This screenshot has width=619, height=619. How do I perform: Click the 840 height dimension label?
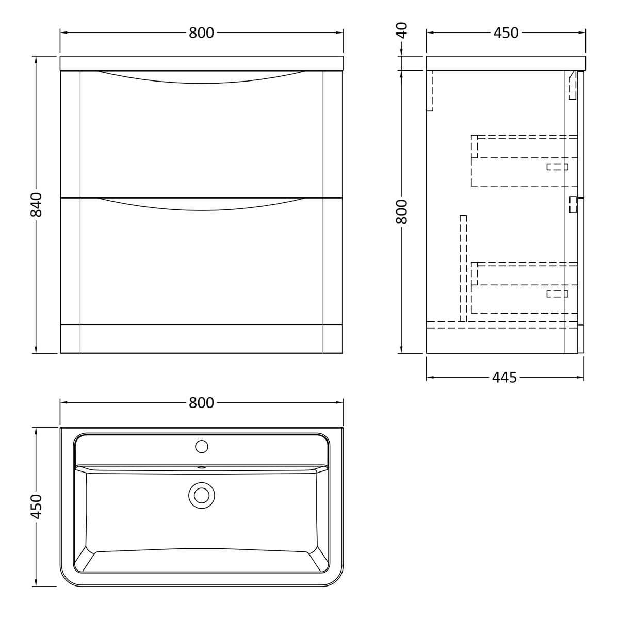pos(36,205)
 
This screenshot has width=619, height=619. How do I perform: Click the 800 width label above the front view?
pos(201,33)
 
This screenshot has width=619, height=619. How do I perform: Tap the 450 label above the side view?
pos(506,33)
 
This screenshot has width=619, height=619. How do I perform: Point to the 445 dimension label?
pos(504,378)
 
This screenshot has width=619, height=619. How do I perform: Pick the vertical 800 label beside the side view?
pos(402,211)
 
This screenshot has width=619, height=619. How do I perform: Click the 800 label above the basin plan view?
pos(201,402)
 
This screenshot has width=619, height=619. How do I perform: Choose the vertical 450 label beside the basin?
pos(36,506)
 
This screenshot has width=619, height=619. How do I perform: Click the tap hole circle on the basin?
pos(202,447)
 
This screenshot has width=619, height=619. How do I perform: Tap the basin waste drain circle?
pos(202,495)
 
